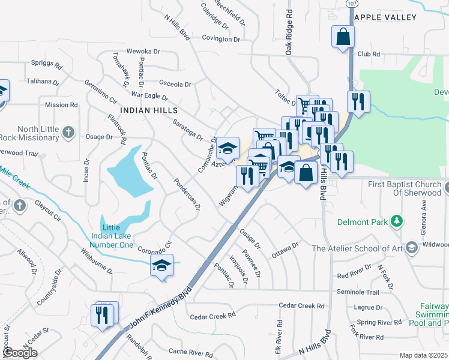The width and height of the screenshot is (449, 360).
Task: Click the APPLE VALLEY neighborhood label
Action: pyautogui.click(x=393, y=17)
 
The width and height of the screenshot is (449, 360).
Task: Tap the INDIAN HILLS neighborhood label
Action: pyautogui.click(x=149, y=110)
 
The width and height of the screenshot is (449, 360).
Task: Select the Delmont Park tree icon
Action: pyautogui.click(x=396, y=222)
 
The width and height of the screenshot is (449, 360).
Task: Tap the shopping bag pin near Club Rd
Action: pyautogui.click(x=342, y=36)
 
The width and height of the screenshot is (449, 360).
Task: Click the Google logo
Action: pyautogui.click(x=19, y=353)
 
